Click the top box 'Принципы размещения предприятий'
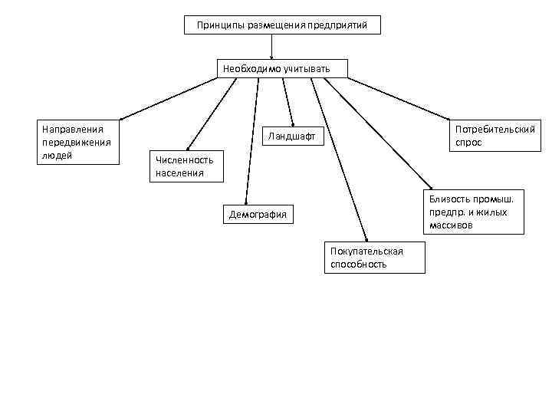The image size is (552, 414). tap(282, 25)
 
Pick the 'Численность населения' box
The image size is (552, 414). tap(186, 166)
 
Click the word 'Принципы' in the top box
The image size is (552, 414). tap(217, 25)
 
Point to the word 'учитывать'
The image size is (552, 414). tap(307, 69)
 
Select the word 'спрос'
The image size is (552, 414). tap(468, 143)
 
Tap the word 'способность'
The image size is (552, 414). tap(359, 264)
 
